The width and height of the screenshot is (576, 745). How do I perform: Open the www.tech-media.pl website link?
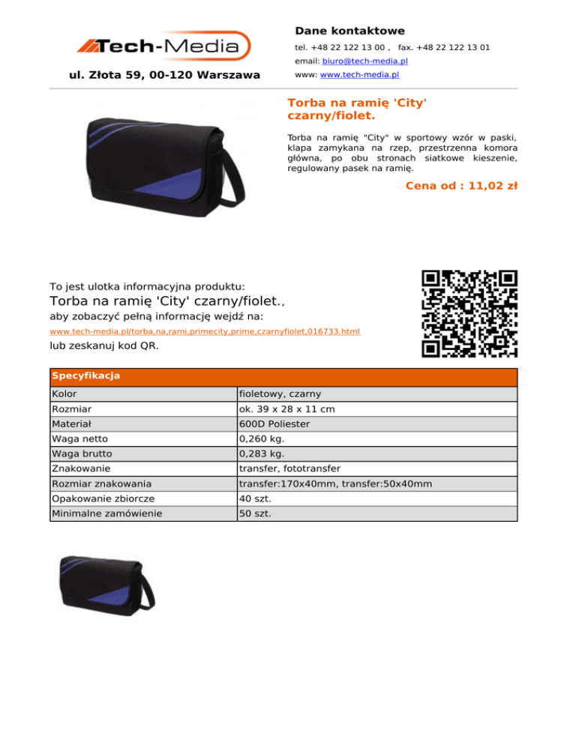coord(359,76)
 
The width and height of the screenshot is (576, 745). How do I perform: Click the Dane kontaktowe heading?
coord(349,31)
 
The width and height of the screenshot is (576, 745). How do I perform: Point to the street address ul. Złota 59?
coord(164,75)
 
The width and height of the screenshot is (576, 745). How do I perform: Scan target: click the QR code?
coord(469,313)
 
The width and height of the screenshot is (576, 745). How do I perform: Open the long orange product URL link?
coord(205,331)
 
